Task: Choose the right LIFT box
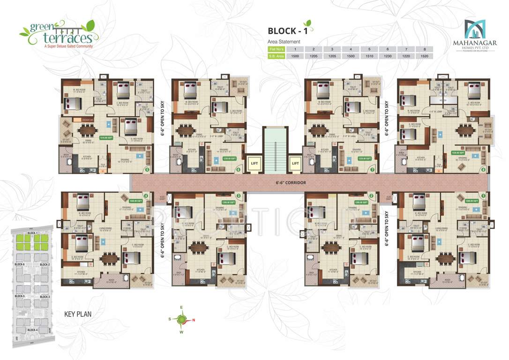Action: (295, 163)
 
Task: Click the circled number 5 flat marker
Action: (147, 170)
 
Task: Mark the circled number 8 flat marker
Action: (483, 170)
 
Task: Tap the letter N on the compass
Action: (193, 321)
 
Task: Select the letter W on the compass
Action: (181, 332)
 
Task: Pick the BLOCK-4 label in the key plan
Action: (32, 330)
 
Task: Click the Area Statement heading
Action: (284, 42)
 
